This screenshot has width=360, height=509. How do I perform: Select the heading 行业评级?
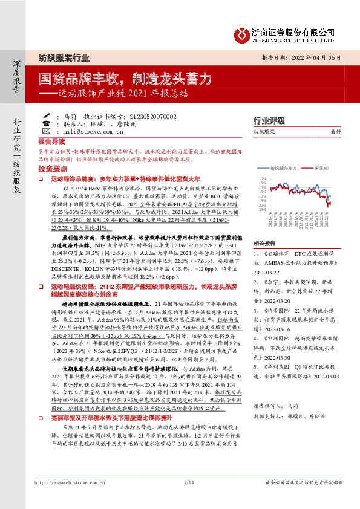(286, 120)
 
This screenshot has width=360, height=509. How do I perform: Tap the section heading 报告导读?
(51, 140)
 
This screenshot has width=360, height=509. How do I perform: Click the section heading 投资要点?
(51, 169)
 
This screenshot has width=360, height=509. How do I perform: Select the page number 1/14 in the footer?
(188, 499)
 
